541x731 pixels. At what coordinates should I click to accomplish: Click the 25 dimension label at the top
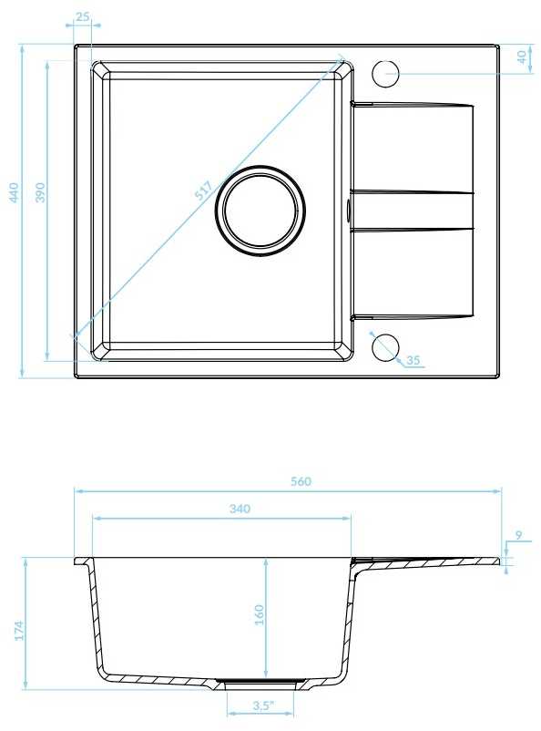point(83,16)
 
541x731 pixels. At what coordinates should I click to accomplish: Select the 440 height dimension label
point(14,192)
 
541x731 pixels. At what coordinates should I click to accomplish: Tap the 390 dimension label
point(41,192)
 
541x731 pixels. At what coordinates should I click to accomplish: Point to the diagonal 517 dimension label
point(203,190)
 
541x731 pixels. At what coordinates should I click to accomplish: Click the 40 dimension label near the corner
point(523,57)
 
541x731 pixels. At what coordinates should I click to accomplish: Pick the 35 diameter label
point(413,360)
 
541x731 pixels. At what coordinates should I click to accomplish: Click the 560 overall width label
point(301,481)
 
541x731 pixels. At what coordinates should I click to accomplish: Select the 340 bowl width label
point(240,509)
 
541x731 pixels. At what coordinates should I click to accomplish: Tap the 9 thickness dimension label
point(519,535)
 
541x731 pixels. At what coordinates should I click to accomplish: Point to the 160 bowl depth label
point(259,615)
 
